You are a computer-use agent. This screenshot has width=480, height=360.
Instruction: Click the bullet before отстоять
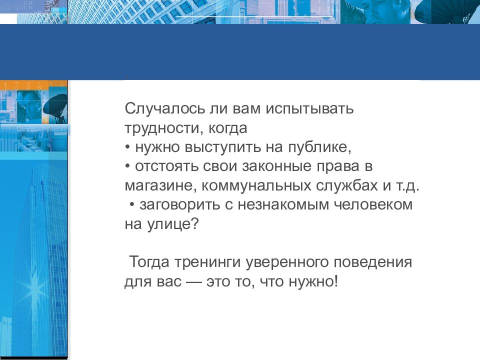coord(127,166)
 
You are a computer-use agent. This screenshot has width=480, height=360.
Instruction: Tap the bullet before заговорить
coord(132,205)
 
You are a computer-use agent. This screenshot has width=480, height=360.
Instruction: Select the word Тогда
coord(149,262)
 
